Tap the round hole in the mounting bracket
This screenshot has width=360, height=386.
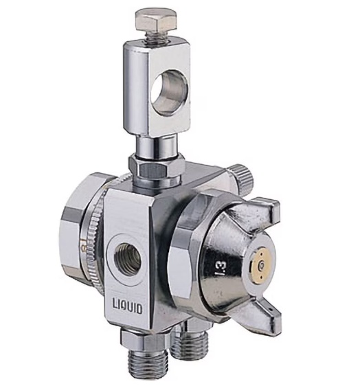(169, 93)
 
